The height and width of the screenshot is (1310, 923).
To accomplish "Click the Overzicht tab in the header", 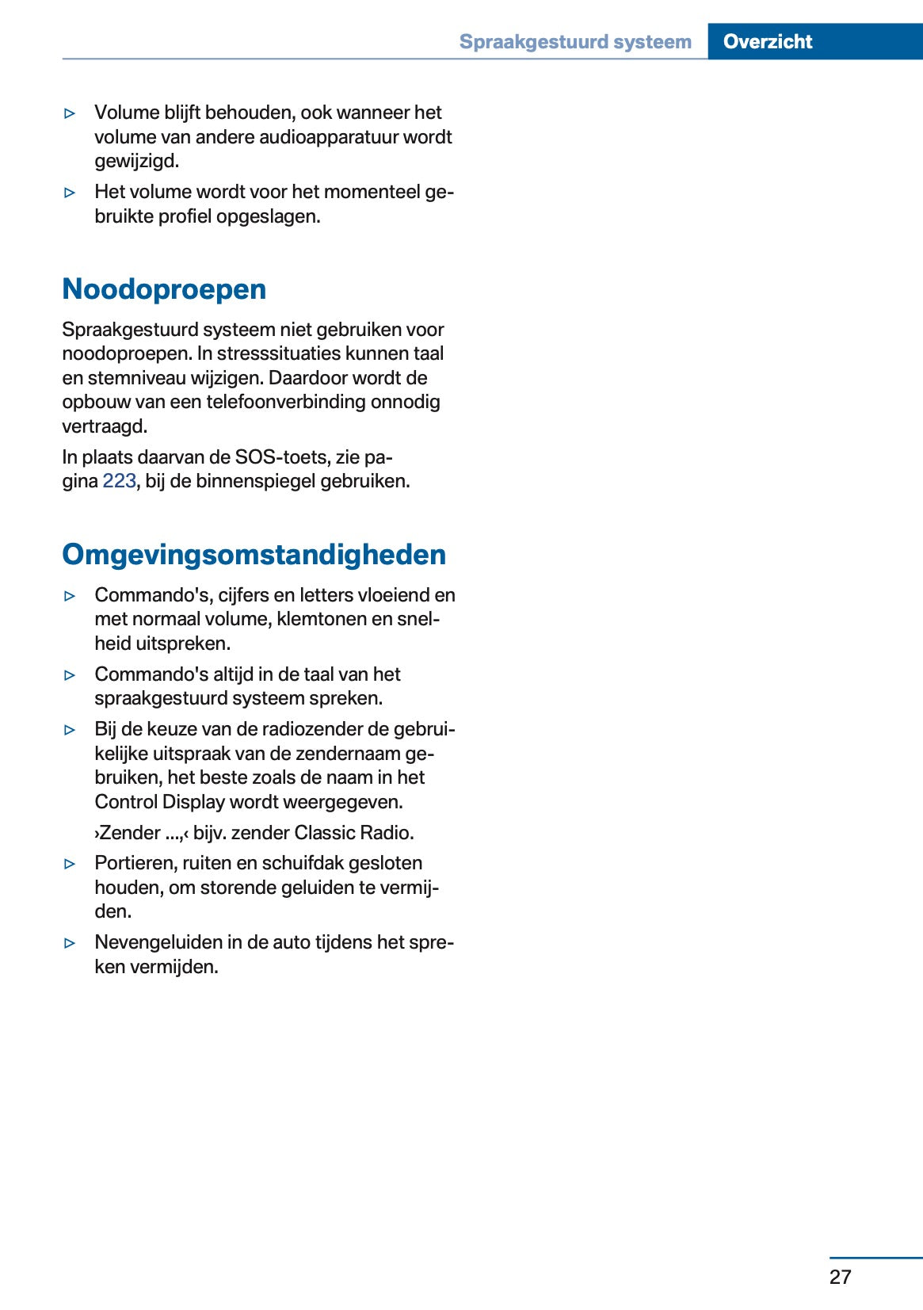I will [x=767, y=41].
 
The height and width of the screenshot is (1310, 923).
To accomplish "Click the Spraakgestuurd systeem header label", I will [x=575, y=41].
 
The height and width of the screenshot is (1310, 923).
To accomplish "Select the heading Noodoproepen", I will [x=164, y=289].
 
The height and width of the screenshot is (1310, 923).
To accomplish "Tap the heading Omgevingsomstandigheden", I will [x=254, y=554].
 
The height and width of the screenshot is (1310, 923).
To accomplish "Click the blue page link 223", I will [x=119, y=481].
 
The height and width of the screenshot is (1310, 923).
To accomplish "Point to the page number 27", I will [x=840, y=1276].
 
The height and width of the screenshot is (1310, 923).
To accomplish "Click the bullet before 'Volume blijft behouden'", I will [x=71, y=113].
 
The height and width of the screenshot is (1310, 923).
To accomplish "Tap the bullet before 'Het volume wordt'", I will [x=71, y=193].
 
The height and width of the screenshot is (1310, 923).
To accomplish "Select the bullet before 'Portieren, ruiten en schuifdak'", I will [x=71, y=864].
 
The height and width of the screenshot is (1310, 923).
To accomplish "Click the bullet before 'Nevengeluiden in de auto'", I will [x=71, y=943].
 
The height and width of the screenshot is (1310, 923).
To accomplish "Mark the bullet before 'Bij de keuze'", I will [x=71, y=730].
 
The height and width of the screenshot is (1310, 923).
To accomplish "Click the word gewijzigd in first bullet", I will [x=136, y=161].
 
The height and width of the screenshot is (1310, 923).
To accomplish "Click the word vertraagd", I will [x=105, y=426].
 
